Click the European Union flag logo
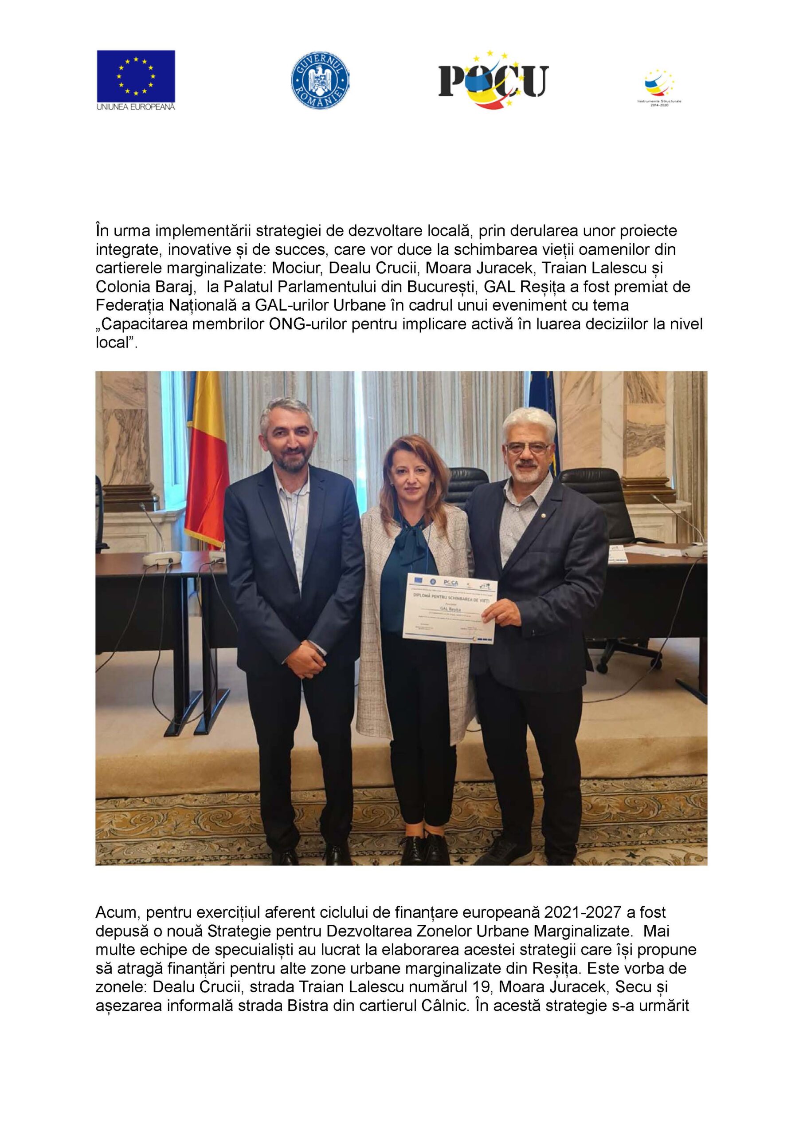point(136,76)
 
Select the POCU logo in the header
point(494,80)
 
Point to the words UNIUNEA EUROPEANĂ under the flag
point(136,107)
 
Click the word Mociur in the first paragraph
point(296,268)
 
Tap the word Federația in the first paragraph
point(130,305)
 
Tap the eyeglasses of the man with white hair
point(528,448)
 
